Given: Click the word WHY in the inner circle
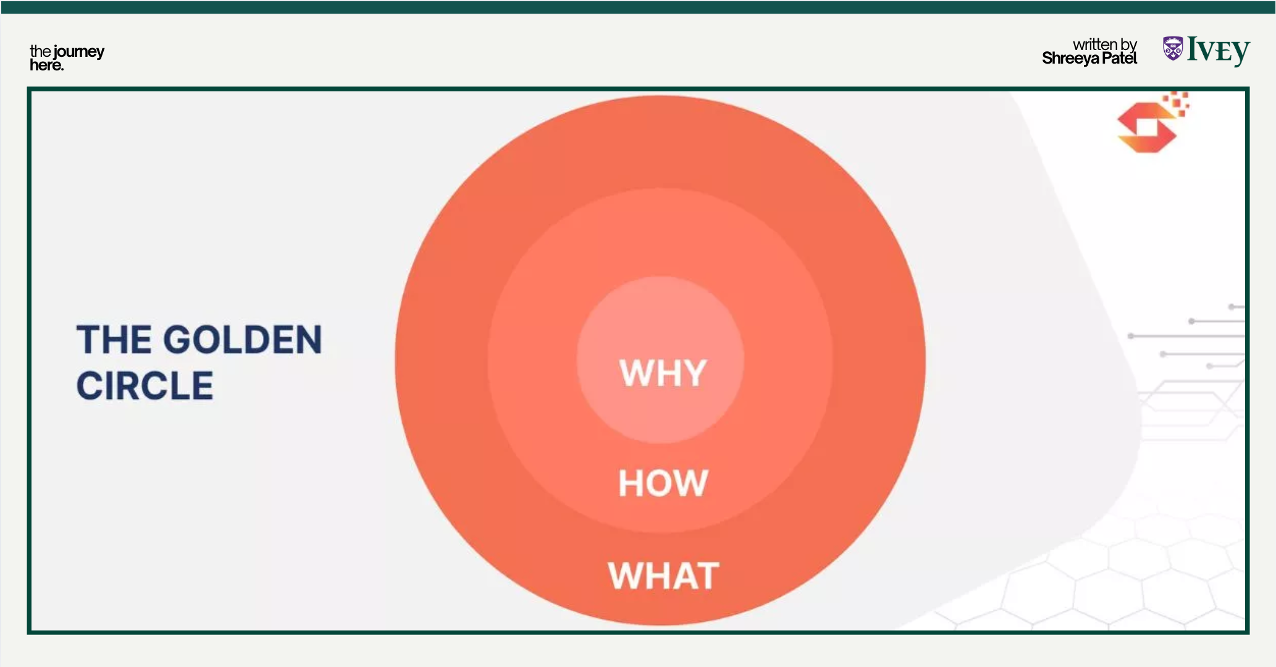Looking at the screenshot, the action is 663,372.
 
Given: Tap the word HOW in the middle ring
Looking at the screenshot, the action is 663,482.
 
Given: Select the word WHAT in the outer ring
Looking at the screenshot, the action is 663,576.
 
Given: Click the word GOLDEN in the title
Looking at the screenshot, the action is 242,340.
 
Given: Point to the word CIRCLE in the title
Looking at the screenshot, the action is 145,385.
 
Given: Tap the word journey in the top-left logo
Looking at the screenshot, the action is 79,52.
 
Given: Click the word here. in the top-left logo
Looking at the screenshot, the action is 47,65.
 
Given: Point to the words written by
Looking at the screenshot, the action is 1105,44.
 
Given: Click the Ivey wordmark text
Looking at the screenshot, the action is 1219,51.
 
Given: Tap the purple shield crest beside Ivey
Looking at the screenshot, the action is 1173,48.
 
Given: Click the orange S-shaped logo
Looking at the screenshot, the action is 1147,127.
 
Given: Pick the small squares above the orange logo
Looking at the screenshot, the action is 1177,103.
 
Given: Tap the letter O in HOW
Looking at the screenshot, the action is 662,482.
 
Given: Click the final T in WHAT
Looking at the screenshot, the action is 706,576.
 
